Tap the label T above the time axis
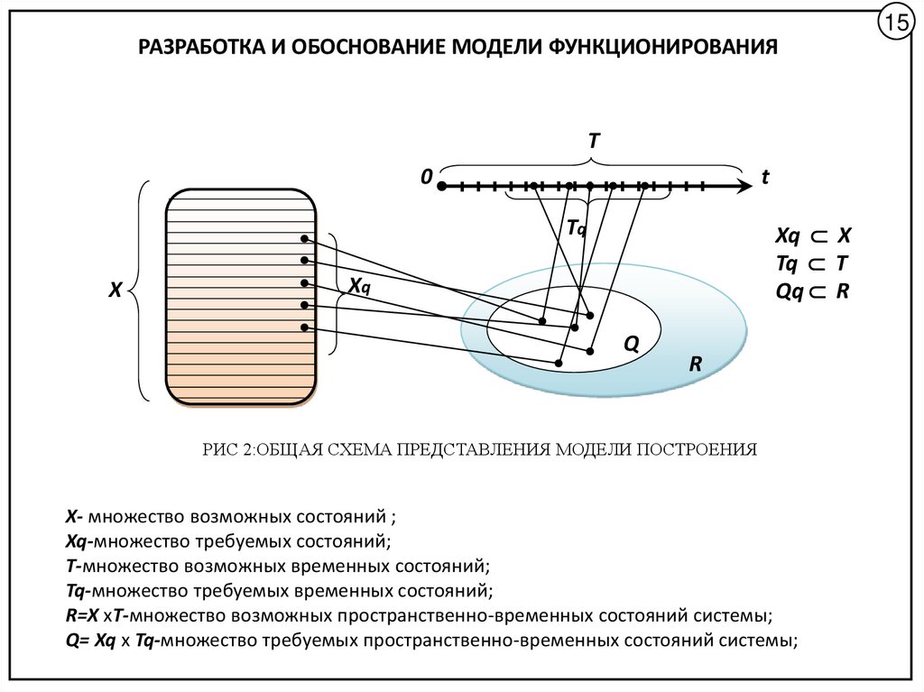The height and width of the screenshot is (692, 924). click(x=594, y=142)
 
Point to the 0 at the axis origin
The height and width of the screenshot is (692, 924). click(x=424, y=178)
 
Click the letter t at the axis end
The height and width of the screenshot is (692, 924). click(x=764, y=178)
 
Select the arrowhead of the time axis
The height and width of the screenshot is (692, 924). click(x=742, y=187)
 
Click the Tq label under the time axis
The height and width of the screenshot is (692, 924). click(x=577, y=229)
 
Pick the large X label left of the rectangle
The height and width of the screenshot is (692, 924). click(x=115, y=291)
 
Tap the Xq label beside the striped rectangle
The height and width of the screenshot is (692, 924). click(x=359, y=286)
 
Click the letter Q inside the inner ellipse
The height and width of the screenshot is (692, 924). click(x=632, y=344)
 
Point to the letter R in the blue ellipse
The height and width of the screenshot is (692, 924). click(x=696, y=364)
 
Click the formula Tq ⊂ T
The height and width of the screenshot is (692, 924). click(x=812, y=263)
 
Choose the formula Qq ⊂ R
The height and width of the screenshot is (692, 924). click(x=813, y=291)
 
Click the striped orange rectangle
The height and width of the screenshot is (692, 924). click(x=241, y=298)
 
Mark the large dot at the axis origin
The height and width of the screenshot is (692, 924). click(x=442, y=187)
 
